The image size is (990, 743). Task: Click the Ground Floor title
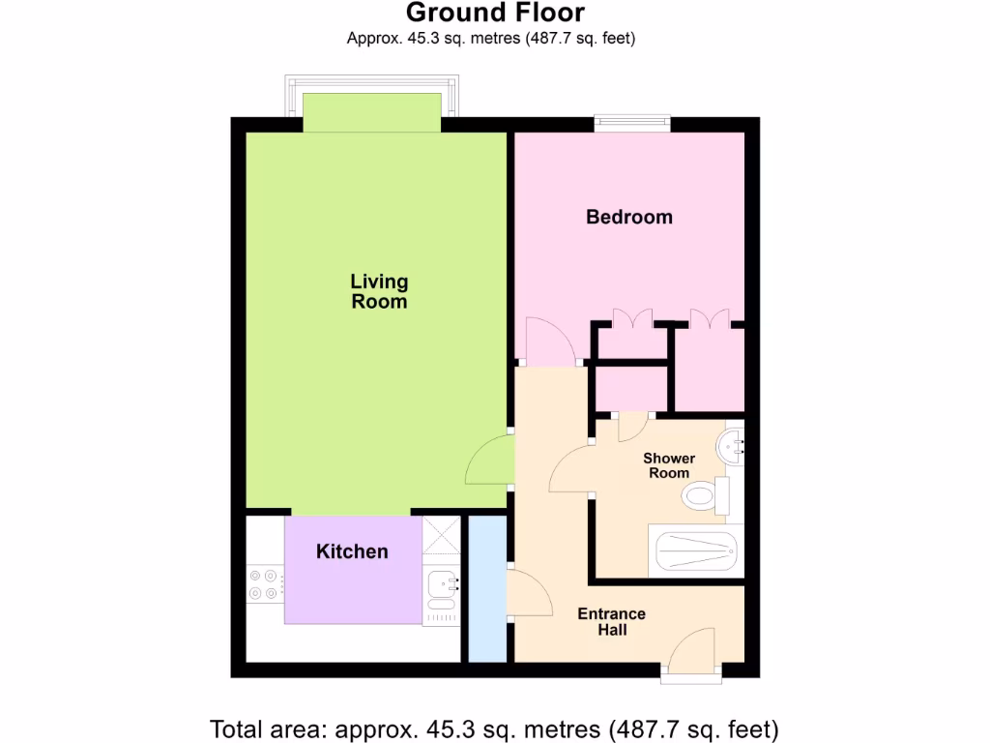[x=494, y=14]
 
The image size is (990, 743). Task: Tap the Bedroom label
[x=628, y=217]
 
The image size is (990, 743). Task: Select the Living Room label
[x=379, y=291]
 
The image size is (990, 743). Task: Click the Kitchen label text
[x=352, y=551]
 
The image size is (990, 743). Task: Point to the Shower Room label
[x=669, y=465]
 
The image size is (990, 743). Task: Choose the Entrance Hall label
[x=611, y=622]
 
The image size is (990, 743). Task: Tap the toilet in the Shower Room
[x=704, y=497]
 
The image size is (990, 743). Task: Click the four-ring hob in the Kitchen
[x=263, y=586]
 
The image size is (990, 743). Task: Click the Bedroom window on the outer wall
[x=631, y=123]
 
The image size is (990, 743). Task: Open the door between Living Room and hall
[x=489, y=461]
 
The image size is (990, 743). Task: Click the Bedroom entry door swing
[x=548, y=342]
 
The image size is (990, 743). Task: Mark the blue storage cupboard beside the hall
[x=487, y=589]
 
